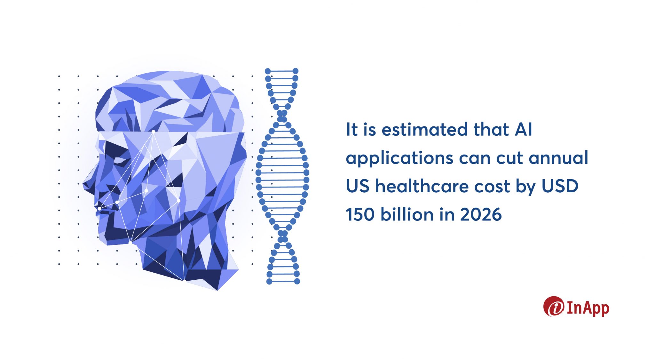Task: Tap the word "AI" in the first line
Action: click(524, 130)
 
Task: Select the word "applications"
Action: click(400, 158)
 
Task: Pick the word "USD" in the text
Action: click(560, 186)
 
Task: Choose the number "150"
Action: click(360, 214)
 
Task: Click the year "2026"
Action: click(481, 214)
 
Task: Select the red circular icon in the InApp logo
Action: click(554, 307)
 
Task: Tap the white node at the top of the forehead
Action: click(154, 132)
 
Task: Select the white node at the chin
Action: click(130, 243)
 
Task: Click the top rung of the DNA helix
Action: click(282, 71)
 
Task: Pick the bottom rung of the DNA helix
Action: click(283, 281)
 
